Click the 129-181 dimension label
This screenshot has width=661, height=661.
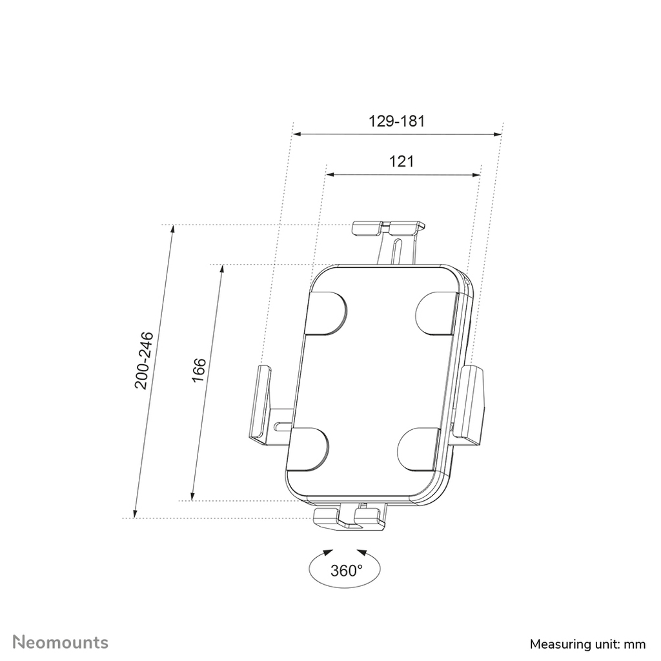click(x=396, y=121)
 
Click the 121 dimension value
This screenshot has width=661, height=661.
click(x=401, y=161)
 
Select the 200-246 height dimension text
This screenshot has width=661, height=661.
click(x=143, y=361)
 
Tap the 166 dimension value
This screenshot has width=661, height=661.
click(x=199, y=369)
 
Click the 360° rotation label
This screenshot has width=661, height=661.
click(x=346, y=571)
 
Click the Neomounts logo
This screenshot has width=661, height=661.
click(x=62, y=624)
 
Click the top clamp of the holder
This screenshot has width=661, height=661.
click(x=389, y=228)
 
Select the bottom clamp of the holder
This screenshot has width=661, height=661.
click(x=349, y=516)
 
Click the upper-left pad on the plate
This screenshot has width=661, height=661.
click(x=327, y=312)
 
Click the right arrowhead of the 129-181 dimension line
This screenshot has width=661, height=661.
click(x=498, y=134)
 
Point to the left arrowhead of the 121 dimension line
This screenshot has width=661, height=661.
click(x=329, y=174)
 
